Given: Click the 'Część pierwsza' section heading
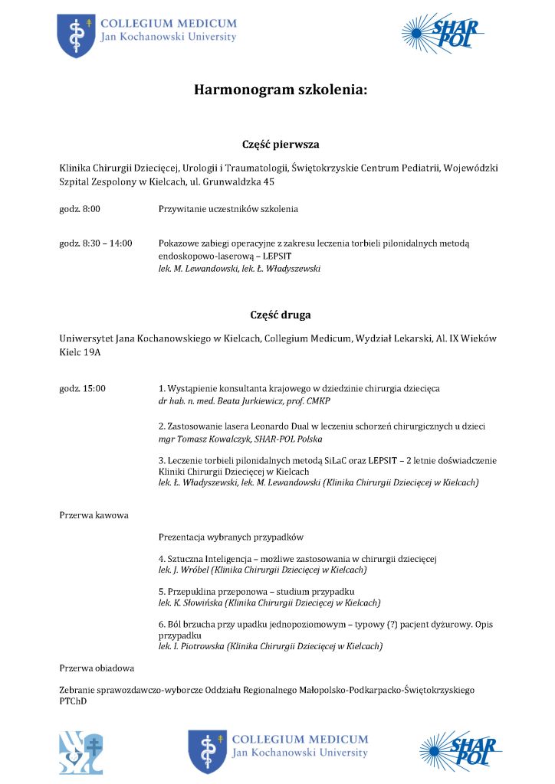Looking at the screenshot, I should click(281, 145).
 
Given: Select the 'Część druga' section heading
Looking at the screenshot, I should click(281, 315).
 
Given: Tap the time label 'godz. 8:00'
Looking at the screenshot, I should click(80, 209).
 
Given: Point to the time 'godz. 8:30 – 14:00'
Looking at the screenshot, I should click(96, 243).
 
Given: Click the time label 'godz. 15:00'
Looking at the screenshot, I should click(82, 389).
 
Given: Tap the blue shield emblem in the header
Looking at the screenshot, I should click(76, 35).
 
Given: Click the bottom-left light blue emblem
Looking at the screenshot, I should click(81, 753).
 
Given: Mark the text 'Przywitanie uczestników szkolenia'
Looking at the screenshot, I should click(228, 209).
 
